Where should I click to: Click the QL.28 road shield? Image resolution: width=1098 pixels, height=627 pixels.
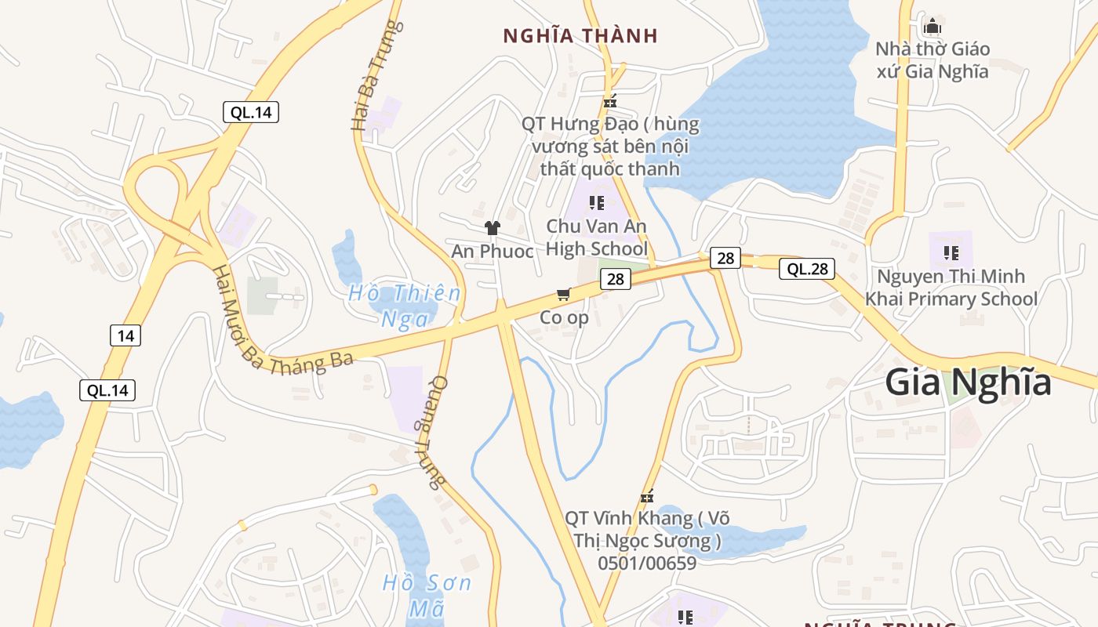point(807,270)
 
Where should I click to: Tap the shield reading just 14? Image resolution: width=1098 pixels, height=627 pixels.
point(125,336)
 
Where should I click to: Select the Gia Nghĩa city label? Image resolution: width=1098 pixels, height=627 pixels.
point(968,382)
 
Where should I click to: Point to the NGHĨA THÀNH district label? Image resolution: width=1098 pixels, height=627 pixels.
point(580,36)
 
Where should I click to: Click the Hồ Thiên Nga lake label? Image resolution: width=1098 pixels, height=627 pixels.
point(405,306)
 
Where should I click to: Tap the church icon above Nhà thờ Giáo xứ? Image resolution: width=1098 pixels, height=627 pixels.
point(932,27)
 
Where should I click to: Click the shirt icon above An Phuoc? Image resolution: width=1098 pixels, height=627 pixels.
point(492,228)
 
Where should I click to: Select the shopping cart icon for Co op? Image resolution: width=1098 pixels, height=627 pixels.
point(563,295)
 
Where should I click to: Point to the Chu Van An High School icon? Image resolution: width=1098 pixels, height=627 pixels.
point(597,203)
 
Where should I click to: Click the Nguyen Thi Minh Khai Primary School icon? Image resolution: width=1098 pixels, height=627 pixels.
point(951,252)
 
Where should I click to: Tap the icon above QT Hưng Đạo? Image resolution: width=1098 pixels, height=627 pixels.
point(610,101)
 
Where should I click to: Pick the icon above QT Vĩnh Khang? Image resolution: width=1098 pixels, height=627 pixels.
point(647,496)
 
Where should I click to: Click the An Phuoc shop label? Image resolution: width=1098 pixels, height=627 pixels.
point(492,252)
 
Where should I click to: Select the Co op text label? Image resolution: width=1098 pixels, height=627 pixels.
point(564,317)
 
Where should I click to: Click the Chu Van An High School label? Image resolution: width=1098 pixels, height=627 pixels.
point(597,237)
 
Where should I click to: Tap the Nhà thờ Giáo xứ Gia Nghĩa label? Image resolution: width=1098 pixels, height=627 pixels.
point(932,60)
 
